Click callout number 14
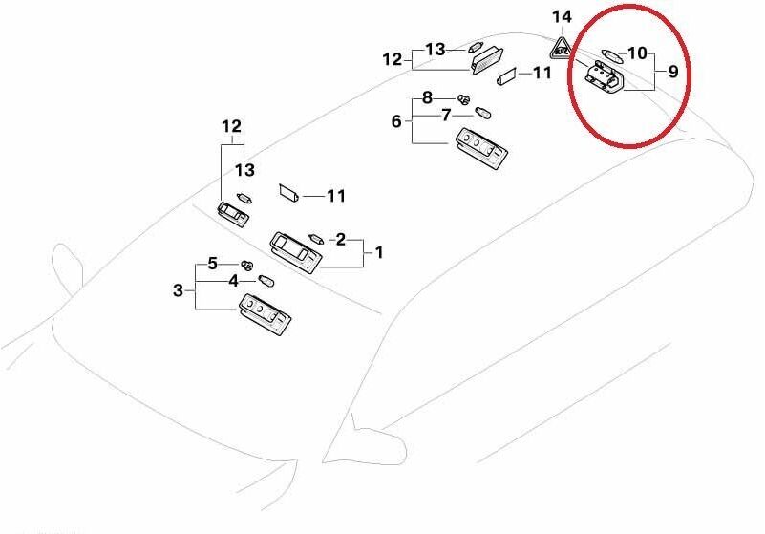[x=561, y=17]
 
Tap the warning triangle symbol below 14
[x=562, y=49]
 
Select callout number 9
[x=672, y=72]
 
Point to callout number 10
[x=637, y=53]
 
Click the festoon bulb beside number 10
[x=612, y=55]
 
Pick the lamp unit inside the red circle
[x=604, y=77]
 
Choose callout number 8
[x=427, y=97]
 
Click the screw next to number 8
[x=464, y=99]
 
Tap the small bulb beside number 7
[x=483, y=114]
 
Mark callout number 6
[x=396, y=120]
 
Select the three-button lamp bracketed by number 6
[x=480, y=147]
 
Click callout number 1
[x=378, y=252]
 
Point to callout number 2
[x=341, y=239]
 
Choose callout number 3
[x=178, y=290]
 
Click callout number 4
[x=234, y=281]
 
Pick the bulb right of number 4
[x=266, y=281]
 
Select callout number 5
[x=212, y=264]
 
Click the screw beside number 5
[x=248, y=266]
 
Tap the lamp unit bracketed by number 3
[x=265, y=315]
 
